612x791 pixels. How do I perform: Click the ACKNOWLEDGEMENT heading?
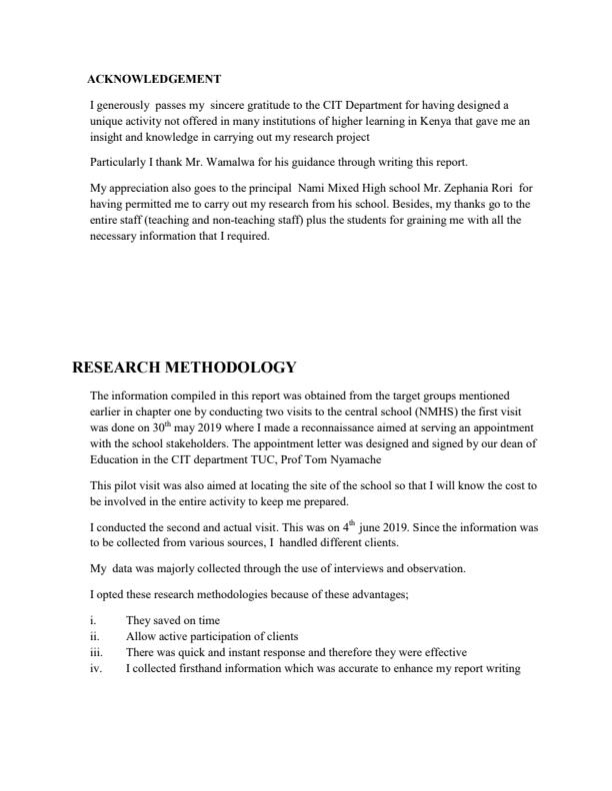[154, 79]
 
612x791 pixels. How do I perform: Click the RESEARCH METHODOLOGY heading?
[184, 368]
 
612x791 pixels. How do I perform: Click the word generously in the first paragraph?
[123, 104]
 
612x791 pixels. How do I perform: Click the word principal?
[273, 186]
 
